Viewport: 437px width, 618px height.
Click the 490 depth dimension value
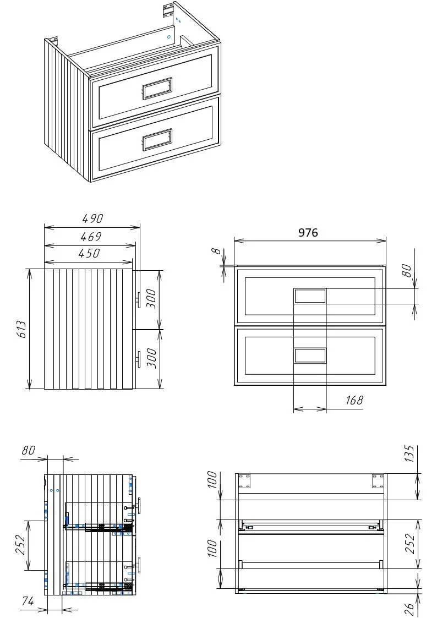[x=92, y=218]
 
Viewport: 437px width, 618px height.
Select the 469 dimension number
[x=91, y=237]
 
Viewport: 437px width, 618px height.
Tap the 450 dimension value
[x=89, y=253]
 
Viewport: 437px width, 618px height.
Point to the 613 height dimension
[x=21, y=329]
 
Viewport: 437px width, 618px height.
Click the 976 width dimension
[x=308, y=233]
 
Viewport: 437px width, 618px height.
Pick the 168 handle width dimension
[x=354, y=401]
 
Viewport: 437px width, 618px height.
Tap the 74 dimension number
[x=28, y=601]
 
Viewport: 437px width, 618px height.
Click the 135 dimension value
[x=410, y=453]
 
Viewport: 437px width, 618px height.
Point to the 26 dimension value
[x=410, y=609]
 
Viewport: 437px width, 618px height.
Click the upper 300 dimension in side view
[x=151, y=299]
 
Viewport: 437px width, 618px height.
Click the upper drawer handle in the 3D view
[x=156, y=87]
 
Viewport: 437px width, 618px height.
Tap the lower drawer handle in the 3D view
[x=157, y=139]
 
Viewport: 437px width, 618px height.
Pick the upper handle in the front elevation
[x=310, y=296]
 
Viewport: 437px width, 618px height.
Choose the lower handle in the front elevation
[x=310, y=356]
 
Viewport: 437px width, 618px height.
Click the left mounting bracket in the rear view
[x=244, y=481]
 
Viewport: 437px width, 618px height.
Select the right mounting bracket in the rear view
[x=378, y=481]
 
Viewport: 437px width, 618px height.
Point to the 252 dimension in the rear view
[x=410, y=544]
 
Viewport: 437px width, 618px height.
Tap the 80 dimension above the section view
[x=29, y=450]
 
